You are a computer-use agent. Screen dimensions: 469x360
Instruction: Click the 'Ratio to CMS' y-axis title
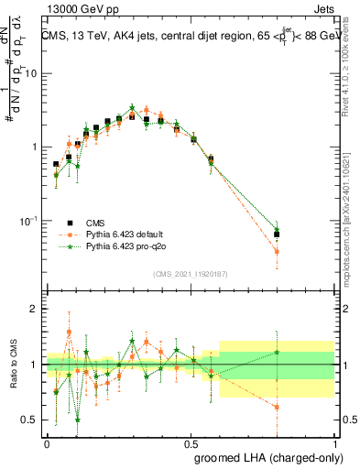click(x=12, y=365)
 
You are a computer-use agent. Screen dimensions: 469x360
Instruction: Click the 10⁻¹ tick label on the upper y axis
click(x=29, y=221)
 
